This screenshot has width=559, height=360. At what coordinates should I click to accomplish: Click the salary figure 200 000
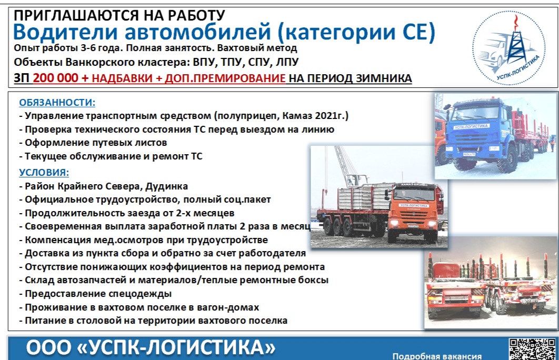(55, 78)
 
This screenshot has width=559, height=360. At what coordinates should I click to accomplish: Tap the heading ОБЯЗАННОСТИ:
(57, 103)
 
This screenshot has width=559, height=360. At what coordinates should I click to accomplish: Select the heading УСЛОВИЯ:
(44, 173)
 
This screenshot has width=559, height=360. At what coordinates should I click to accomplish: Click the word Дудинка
(166, 186)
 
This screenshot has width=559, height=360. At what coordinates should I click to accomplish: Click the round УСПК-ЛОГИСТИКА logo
(509, 48)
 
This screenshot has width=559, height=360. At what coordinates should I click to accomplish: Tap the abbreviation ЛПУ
(287, 62)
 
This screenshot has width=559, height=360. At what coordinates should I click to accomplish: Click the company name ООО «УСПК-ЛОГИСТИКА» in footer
(151, 347)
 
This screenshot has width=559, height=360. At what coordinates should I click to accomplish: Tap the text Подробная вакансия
(437, 356)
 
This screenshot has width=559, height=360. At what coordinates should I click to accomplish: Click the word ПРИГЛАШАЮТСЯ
(76, 15)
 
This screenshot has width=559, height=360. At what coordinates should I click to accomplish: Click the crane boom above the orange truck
(345, 166)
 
